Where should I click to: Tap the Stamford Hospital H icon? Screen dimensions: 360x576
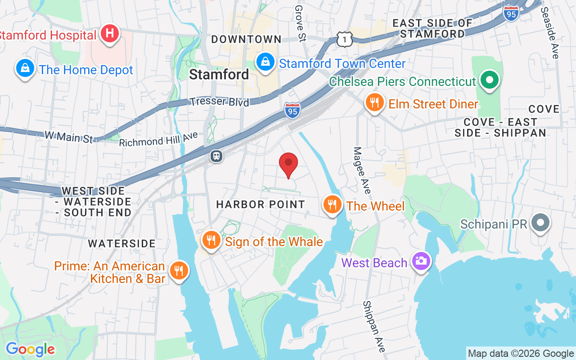point(109,34)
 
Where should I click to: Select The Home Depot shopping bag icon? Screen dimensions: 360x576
point(25,68)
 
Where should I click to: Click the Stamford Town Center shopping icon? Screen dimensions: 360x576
point(265,62)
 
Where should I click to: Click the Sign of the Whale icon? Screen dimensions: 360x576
point(211,240)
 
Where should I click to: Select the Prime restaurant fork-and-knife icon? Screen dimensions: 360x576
point(179,270)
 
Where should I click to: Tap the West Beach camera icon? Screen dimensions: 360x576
point(421,261)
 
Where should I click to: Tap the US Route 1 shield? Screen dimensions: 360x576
point(344,39)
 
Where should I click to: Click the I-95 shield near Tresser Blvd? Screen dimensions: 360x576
point(292,110)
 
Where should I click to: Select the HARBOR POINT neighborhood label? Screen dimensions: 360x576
point(261,204)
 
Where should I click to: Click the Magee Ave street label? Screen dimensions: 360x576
point(362,171)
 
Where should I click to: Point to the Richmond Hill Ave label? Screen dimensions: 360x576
point(158,139)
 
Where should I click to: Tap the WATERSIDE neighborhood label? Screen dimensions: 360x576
point(121,243)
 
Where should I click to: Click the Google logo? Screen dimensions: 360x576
point(30,349)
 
